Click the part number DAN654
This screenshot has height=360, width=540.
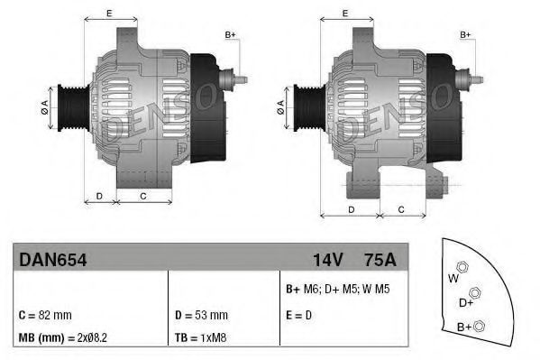click(52, 259)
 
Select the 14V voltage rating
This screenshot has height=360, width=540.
click(326, 259)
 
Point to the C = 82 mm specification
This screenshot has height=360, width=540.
click(45, 315)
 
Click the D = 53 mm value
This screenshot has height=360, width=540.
click(201, 315)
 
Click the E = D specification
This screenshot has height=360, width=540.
click(299, 315)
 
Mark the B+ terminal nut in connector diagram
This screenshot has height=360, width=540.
click(479, 326)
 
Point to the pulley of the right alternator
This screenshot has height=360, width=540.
click(304, 107)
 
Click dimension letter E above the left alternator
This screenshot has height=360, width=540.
click(108, 13)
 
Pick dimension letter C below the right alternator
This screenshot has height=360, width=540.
click(400, 209)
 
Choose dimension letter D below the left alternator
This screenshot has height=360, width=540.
click(99, 195)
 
